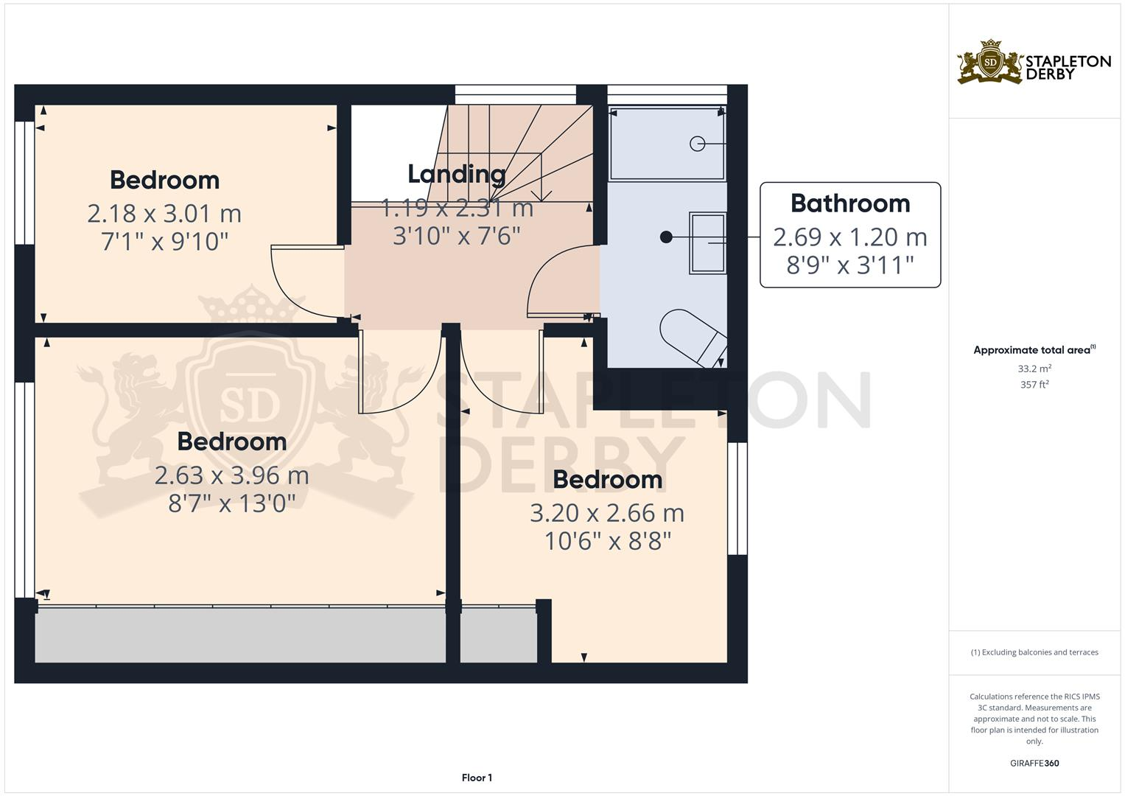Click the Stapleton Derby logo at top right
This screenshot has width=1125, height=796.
click(x=1033, y=62)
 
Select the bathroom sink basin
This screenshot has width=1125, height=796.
click(x=707, y=243)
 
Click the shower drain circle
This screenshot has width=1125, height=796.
click(x=697, y=144)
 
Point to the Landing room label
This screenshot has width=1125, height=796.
click(x=457, y=174)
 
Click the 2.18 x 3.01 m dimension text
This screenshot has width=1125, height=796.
click(x=164, y=214)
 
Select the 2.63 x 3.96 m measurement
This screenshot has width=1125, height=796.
click(x=231, y=475)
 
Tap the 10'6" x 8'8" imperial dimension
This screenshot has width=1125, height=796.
click(x=607, y=542)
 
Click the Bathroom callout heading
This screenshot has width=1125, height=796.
click(x=850, y=203)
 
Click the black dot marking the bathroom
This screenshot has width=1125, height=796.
click(x=666, y=237)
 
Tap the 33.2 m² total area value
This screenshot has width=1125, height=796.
click(x=1034, y=369)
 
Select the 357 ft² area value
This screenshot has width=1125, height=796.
click(x=1034, y=385)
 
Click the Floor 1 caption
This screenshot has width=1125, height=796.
click(x=477, y=778)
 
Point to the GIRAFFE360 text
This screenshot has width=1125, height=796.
click(x=1034, y=763)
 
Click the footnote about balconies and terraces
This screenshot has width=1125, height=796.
click(x=1034, y=652)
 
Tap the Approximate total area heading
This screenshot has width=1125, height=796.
click(x=1034, y=350)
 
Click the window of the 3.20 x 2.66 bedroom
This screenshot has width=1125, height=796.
click(x=737, y=497)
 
